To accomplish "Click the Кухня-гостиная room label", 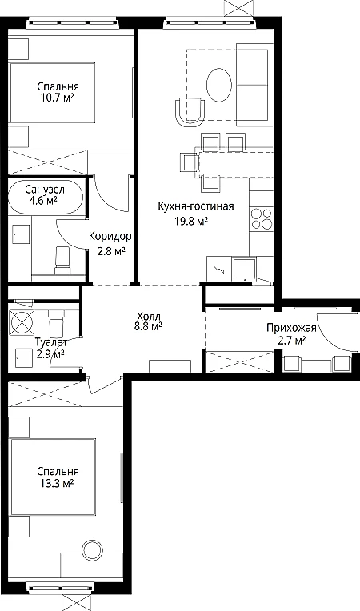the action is [x=195, y=206].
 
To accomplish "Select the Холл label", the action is [x=149, y=316].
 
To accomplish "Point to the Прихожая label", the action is [x=291, y=328].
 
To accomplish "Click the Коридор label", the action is [x=110, y=237].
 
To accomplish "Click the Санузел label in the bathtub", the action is [x=45, y=190].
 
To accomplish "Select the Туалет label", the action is [x=51, y=342].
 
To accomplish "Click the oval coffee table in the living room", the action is [x=219, y=86].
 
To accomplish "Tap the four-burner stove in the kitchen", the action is [x=262, y=218].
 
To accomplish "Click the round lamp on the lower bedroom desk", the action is [x=92, y=550].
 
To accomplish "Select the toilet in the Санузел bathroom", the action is [x=62, y=260].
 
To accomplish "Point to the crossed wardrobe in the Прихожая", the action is [x=240, y=362].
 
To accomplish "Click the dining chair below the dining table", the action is [x=210, y=182].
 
